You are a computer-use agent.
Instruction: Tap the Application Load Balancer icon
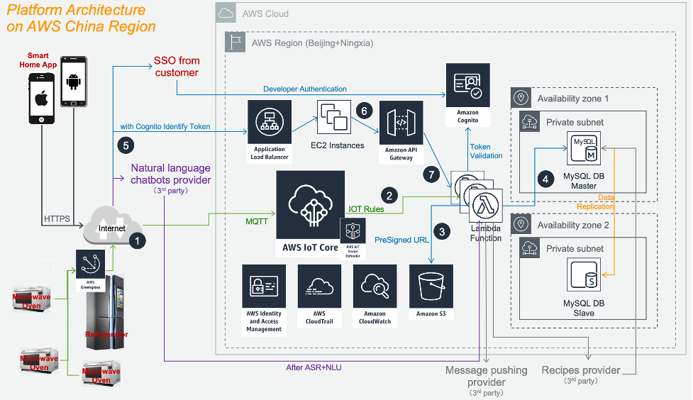pos(269,122)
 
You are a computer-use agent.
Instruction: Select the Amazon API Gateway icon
pos(401,122)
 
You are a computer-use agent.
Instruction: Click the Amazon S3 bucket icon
pos(431,287)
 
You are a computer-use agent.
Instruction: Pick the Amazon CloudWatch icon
pos(374,287)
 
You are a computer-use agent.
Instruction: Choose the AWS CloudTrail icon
pos(319,287)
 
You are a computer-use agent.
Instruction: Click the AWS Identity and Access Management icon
pos(264,287)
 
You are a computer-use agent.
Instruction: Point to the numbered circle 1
pos(138,240)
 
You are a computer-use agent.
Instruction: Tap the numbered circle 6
pos(364,111)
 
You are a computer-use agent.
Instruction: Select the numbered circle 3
pos(443,230)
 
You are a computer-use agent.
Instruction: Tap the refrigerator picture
pos(106,312)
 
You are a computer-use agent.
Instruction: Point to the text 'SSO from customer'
pos(176,67)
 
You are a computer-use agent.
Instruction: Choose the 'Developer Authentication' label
pos(305,89)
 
